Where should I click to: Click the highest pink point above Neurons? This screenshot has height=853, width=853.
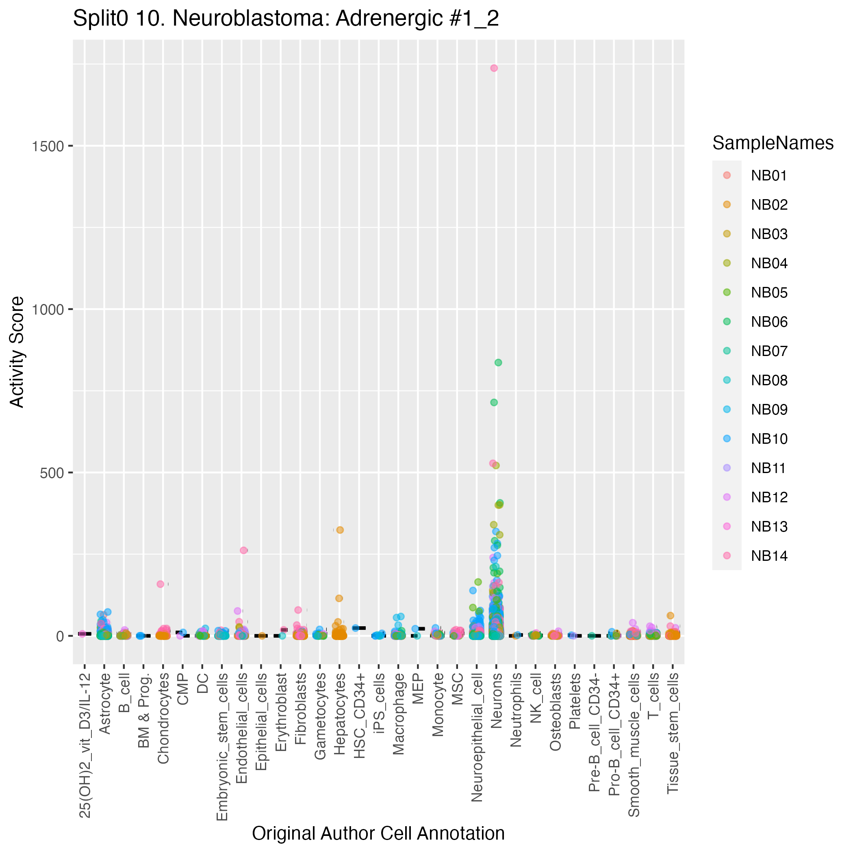(x=494, y=68)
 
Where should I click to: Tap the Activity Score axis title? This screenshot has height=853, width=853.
(x=17, y=352)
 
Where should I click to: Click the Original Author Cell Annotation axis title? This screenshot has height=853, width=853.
(x=378, y=833)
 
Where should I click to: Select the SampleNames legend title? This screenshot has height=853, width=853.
(x=773, y=143)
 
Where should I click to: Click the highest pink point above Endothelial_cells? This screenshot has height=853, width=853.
(x=244, y=550)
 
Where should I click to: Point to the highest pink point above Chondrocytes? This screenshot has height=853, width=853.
(x=160, y=584)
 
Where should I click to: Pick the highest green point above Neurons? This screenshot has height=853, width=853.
(x=498, y=362)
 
